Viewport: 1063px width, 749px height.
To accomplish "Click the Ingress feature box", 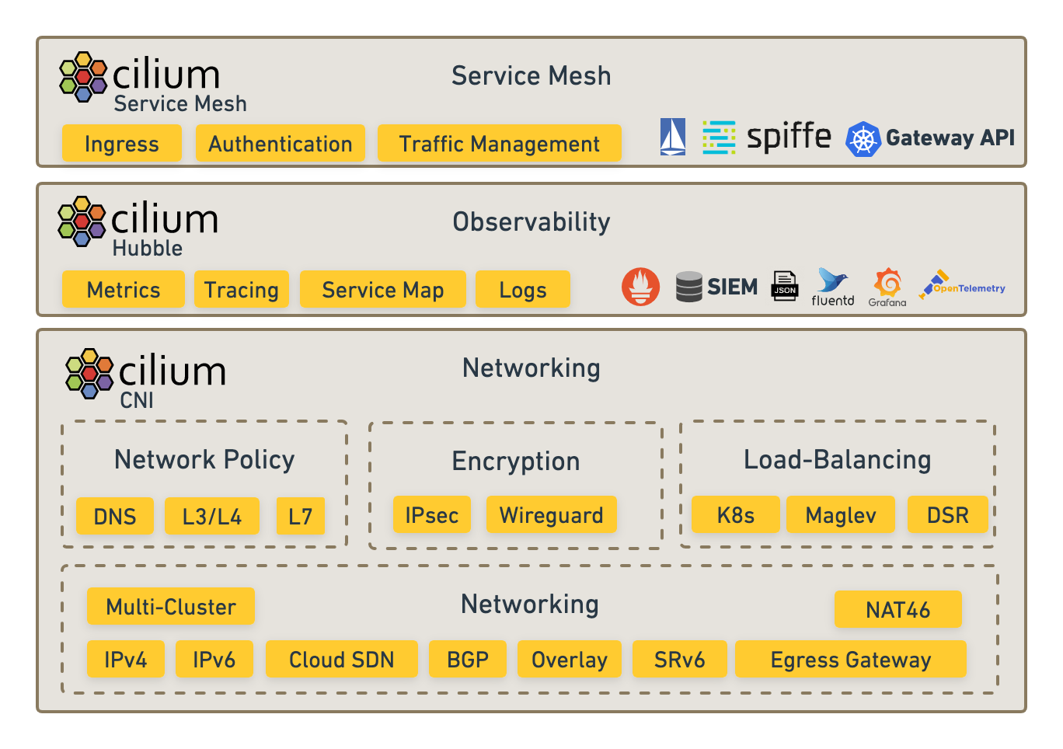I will coord(121,144).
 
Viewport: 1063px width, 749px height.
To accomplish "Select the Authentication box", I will coord(280,144).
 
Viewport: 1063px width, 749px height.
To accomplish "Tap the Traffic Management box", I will coord(499,144).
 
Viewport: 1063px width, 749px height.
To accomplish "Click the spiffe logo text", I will coord(789,137).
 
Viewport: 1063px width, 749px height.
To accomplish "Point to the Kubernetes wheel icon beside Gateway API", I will coord(863,139).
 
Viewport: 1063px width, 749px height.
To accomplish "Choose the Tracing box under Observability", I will coord(241,290).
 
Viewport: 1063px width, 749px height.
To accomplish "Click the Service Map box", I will coord(382,290).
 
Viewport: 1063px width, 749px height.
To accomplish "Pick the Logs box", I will coord(522,290).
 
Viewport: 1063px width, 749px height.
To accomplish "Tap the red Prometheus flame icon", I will coord(640,287).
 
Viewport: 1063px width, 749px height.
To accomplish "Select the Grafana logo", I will coord(887,286).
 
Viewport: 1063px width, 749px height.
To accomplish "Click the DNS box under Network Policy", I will coord(115,516).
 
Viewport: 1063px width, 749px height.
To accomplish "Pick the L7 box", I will coord(300,516).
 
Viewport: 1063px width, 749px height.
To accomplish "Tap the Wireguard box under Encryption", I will coord(551,514).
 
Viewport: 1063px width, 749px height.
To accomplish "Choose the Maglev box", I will coord(840,514).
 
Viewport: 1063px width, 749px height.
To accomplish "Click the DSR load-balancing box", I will coord(947,514).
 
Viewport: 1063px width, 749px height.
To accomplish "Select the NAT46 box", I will coord(897,609).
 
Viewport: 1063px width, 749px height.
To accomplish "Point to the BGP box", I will coord(467,659).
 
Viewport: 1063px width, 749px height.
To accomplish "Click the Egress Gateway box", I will coord(850,659).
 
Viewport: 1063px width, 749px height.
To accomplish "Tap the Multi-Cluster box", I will coord(170,606).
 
